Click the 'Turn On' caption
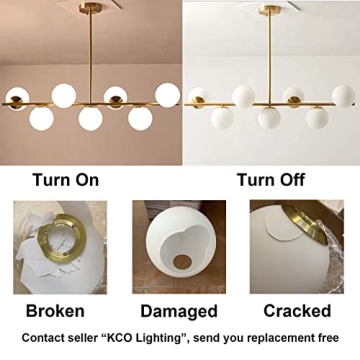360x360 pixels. coord(65,180)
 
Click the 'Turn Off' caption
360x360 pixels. coord(270,180)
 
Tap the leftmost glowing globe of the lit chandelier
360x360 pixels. coord(18,99)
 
